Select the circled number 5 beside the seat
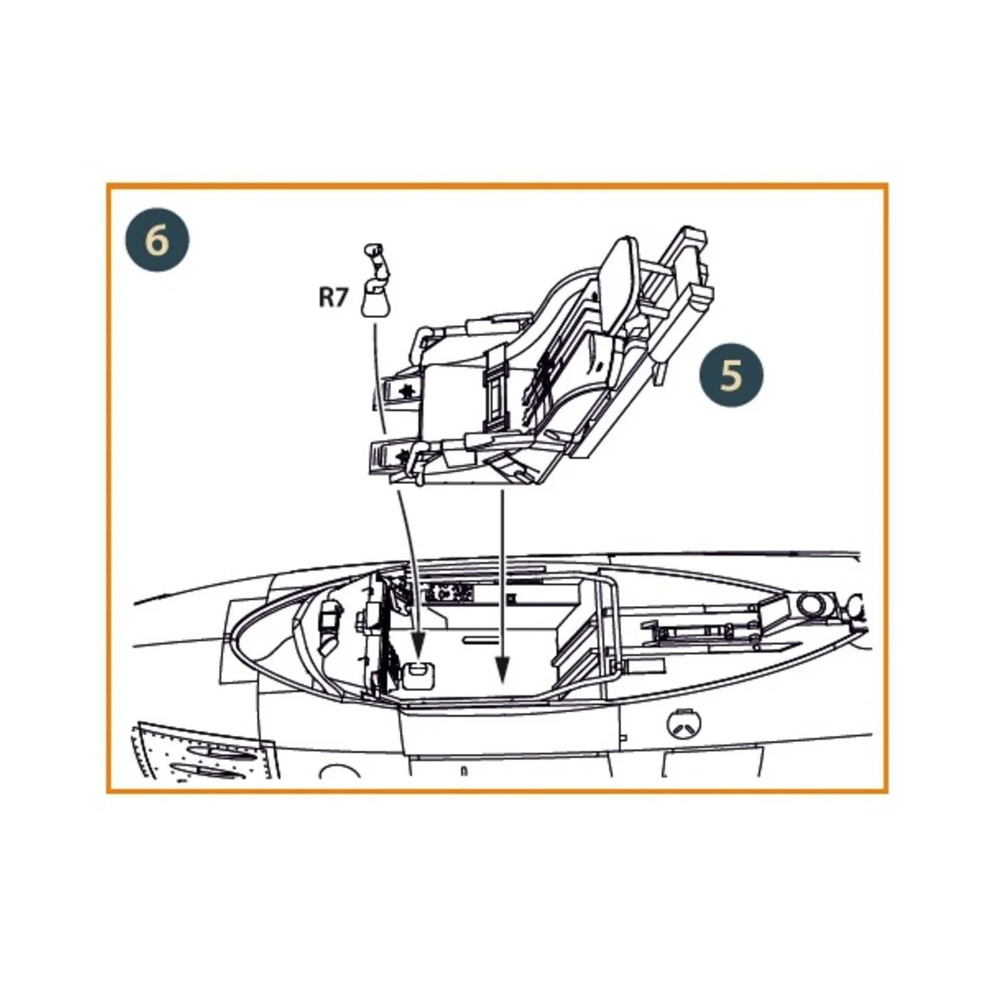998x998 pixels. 731,375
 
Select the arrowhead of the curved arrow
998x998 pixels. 418,645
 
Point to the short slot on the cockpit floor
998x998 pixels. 482,640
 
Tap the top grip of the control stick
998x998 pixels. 371,249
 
